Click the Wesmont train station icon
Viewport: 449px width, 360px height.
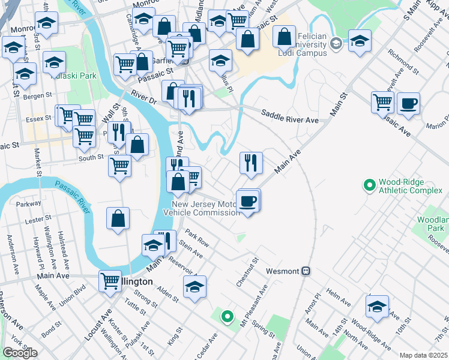306,271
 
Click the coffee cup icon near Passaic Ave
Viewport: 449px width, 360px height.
408,103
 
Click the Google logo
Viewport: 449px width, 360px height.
19,353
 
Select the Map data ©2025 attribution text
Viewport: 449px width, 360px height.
424,355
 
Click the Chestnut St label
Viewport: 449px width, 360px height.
247,272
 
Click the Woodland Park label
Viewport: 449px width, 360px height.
431,224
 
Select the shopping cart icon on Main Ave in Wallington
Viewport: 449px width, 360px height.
110,281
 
